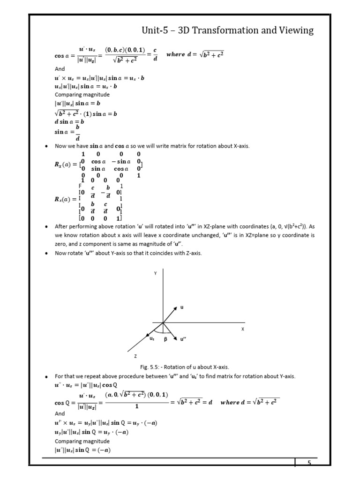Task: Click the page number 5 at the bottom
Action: click(309, 463)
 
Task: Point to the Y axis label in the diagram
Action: click(155, 272)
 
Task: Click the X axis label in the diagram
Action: click(243, 330)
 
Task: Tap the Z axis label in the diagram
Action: click(136, 357)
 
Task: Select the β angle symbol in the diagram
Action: click(165, 340)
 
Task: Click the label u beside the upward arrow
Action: click(182, 307)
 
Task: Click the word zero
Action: click(62, 244)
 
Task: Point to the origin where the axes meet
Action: click(163, 322)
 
